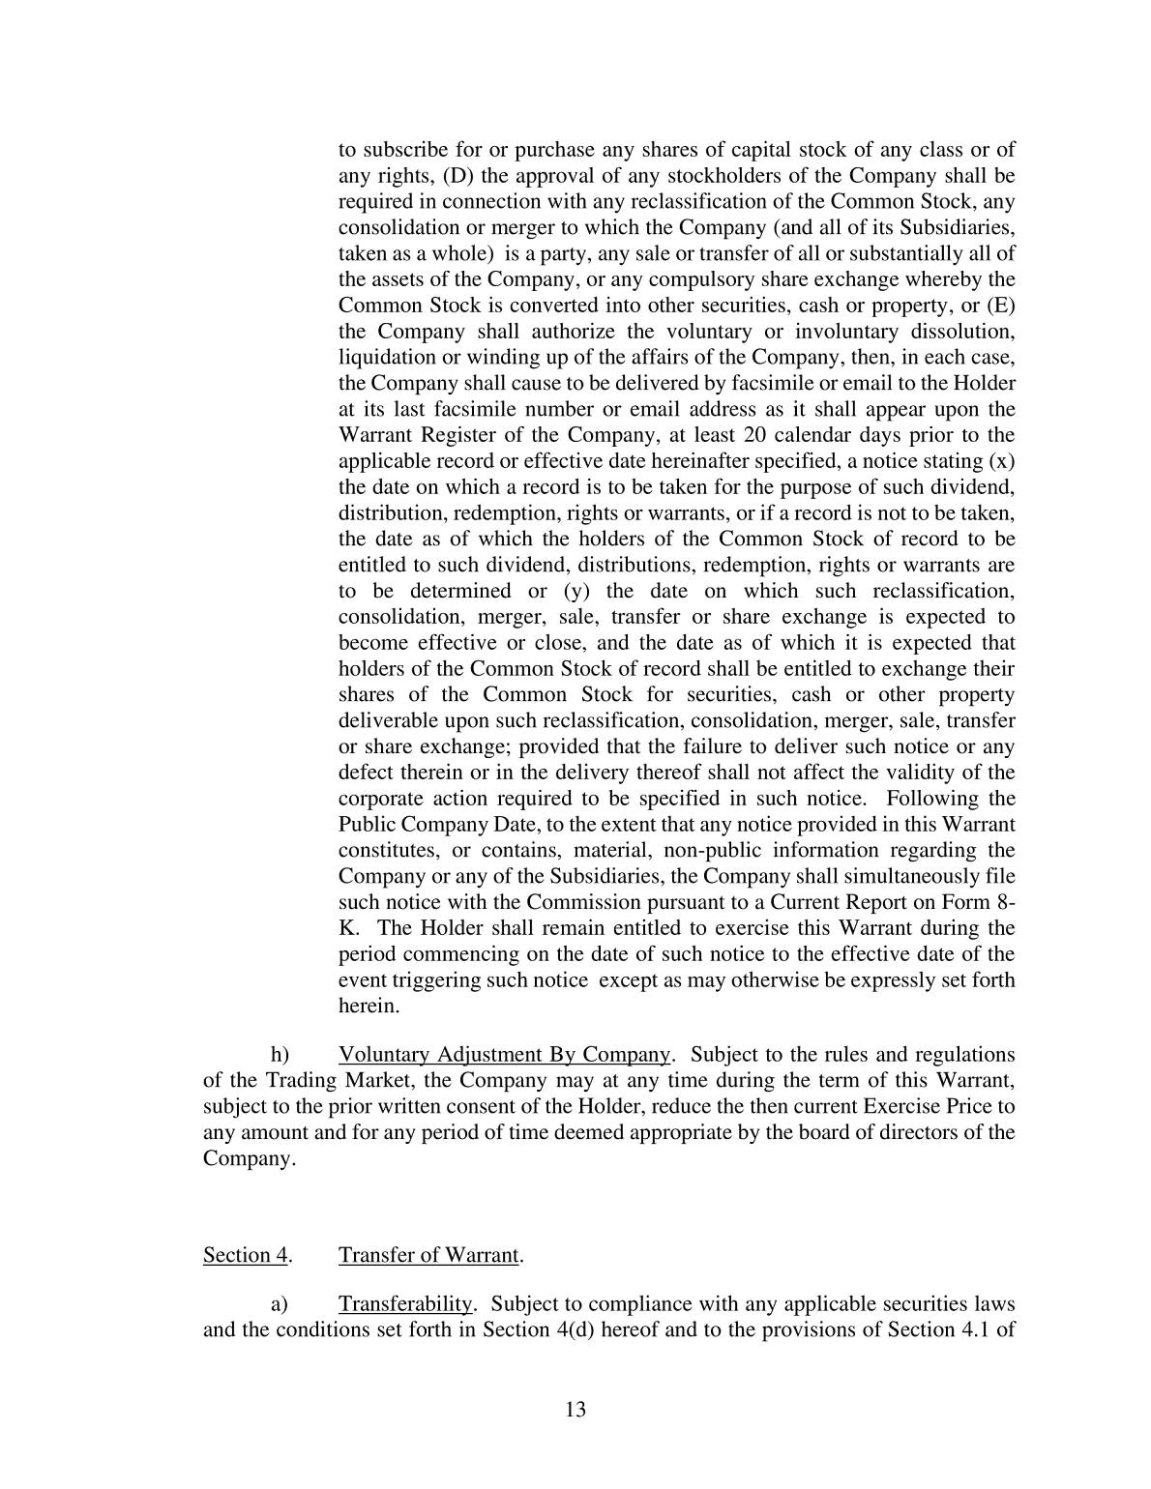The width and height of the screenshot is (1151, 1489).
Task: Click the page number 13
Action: coord(575,1409)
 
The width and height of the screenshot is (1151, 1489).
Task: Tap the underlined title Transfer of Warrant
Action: coord(429,1255)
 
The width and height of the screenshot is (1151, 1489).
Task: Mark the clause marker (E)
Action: coord(999,306)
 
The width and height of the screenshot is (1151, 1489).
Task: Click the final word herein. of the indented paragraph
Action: coord(369,1006)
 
